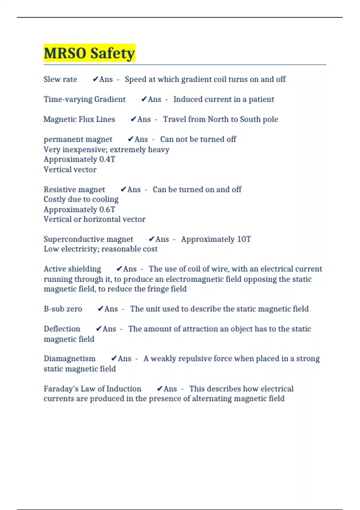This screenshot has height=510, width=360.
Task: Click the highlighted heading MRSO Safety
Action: [x=89, y=53]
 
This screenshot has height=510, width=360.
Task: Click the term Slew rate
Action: [x=60, y=79]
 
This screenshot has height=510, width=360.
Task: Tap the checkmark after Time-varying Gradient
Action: [x=144, y=99]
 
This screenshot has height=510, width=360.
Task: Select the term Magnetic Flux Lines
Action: [x=79, y=119]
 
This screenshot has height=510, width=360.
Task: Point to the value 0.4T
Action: [x=107, y=159]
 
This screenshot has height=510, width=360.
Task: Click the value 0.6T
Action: [x=107, y=209]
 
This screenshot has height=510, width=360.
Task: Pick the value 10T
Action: [x=244, y=239]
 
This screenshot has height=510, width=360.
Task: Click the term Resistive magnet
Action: [x=74, y=190]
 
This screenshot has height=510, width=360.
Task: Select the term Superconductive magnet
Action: [x=88, y=239]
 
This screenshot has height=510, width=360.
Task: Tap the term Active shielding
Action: [x=72, y=269]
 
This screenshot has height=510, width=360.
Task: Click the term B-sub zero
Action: [x=63, y=309]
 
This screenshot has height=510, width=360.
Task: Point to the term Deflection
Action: [x=62, y=329]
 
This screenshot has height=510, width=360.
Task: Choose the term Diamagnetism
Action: [x=70, y=358]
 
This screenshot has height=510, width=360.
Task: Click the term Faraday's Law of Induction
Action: [x=92, y=389]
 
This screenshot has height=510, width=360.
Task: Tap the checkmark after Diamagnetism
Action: [x=114, y=358]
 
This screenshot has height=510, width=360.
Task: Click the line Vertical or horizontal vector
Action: [x=94, y=219]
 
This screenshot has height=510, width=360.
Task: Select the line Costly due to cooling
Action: [x=81, y=199]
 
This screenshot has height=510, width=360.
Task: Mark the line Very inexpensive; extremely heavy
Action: [x=106, y=149]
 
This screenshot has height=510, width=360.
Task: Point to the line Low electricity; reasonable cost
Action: [x=100, y=249]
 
